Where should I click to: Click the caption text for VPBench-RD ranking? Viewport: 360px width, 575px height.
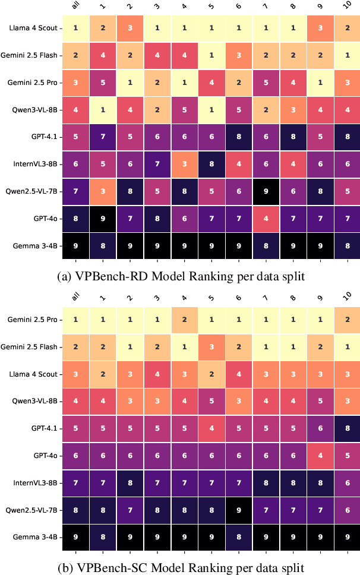[x=180, y=277]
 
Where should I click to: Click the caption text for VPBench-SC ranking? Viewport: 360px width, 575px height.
[x=180, y=568]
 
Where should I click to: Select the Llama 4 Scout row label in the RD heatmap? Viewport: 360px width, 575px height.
[x=33, y=27]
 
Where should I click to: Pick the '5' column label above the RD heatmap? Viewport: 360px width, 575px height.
[x=212, y=7]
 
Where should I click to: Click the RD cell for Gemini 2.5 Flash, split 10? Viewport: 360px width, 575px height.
[x=346, y=55]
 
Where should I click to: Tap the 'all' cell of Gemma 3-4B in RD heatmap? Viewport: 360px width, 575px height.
[x=75, y=245]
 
